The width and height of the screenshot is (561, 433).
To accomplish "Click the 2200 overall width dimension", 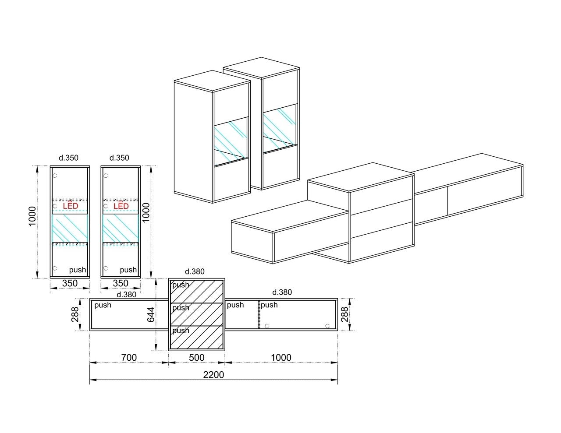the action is pyautogui.click(x=213, y=374).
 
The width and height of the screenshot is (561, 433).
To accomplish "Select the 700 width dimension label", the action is pyautogui.click(x=129, y=357).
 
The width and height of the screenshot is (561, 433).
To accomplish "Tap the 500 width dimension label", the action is pyautogui.click(x=197, y=357).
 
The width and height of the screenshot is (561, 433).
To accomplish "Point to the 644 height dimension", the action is pyautogui.click(x=151, y=314).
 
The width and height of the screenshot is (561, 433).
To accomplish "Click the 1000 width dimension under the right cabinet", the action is pyautogui.click(x=281, y=357).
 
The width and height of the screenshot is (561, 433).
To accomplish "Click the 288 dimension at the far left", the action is pyautogui.click(x=75, y=314).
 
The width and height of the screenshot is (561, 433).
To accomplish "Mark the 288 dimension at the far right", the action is pyautogui.click(x=344, y=314).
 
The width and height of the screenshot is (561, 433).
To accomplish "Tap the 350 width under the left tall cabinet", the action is pyautogui.click(x=70, y=283).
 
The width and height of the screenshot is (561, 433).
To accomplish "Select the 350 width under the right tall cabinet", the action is pyautogui.click(x=121, y=283).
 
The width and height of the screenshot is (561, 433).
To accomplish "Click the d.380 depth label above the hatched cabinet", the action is pyautogui.click(x=195, y=271).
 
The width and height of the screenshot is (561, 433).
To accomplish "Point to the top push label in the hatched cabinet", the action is pyautogui.click(x=181, y=285).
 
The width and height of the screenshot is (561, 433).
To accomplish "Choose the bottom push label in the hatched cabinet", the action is pyautogui.click(x=181, y=331).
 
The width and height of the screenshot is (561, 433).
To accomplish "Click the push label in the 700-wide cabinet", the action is pyautogui.click(x=103, y=305).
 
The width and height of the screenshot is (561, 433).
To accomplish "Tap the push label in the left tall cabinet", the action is pyautogui.click(x=78, y=270).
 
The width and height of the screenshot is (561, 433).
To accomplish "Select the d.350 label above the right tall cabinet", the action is pyautogui.click(x=119, y=158).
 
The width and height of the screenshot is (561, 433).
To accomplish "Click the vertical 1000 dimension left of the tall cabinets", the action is pyautogui.click(x=32, y=216).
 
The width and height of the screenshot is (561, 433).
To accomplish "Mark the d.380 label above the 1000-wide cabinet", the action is pyautogui.click(x=282, y=292).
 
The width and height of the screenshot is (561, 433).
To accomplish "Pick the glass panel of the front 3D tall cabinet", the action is pyautogui.click(x=231, y=141).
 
